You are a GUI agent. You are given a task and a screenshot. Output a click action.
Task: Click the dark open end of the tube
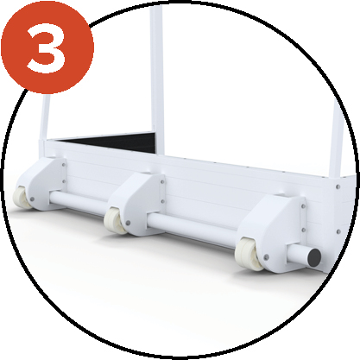coord(312,256)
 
